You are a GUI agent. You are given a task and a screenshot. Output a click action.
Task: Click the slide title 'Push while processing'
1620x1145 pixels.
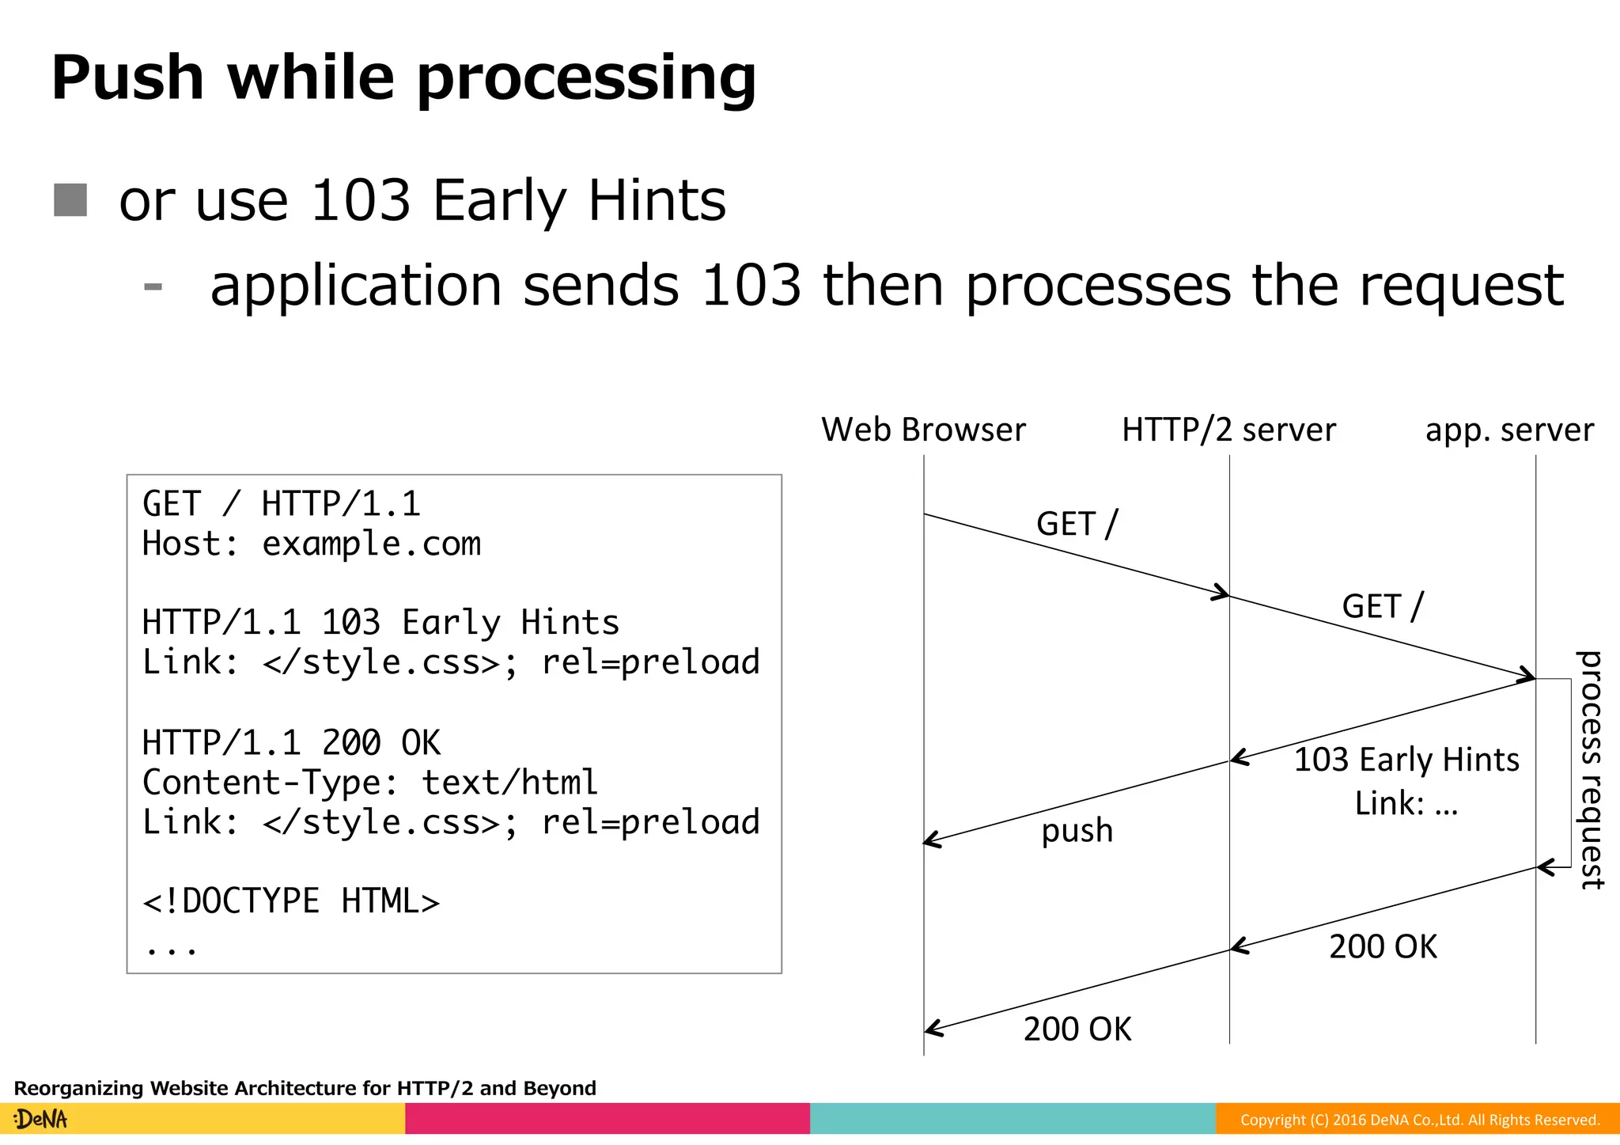[403, 78]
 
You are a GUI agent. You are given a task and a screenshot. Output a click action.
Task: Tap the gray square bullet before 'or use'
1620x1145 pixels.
[70, 200]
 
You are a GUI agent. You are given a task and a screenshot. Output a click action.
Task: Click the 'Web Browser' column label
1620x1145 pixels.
[923, 430]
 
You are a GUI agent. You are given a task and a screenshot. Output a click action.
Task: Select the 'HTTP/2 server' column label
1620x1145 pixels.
[1228, 430]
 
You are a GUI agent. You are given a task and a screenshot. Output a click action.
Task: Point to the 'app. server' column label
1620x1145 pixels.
[1509, 430]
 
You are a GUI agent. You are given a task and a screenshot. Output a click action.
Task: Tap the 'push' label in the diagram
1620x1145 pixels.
[1077, 830]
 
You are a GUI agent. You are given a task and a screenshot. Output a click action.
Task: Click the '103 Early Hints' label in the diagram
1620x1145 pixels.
[1406, 760]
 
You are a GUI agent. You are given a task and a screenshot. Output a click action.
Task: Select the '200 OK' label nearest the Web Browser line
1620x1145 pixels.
[1077, 1029]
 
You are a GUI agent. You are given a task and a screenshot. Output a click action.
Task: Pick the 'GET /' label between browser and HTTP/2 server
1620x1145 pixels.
[1077, 524]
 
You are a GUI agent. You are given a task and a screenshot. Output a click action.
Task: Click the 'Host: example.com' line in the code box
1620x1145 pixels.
[312, 544]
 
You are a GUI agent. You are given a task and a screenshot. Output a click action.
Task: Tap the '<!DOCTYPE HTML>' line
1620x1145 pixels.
[291, 901]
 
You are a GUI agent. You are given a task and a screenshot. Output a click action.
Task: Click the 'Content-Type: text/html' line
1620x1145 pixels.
[370, 783]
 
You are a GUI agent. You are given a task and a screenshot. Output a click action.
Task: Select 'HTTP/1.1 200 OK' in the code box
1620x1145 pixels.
[291, 743]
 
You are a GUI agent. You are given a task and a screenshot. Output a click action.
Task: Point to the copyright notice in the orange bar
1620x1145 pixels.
[1420, 1120]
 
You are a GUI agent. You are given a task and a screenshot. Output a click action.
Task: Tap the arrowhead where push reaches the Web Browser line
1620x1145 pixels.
[930, 840]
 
